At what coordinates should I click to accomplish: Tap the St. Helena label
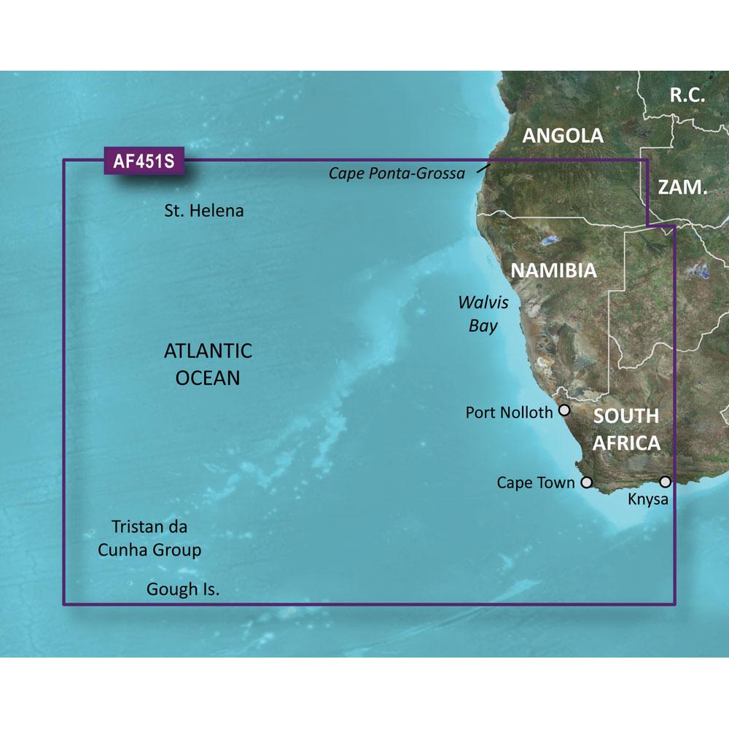pyautogui.click(x=203, y=211)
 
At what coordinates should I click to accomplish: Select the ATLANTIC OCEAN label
pyautogui.click(x=208, y=364)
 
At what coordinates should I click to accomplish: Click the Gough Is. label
pyautogui.click(x=183, y=588)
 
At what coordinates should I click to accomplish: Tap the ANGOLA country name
pyautogui.click(x=563, y=135)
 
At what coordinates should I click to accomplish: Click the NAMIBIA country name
pyautogui.click(x=553, y=270)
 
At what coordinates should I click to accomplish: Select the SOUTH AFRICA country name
pyautogui.click(x=626, y=429)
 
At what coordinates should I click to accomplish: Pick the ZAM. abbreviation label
pyautogui.click(x=682, y=187)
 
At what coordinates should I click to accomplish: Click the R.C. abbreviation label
pyautogui.click(x=688, y=94)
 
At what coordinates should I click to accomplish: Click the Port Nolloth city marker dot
pyautogui.click(x=564, y=411)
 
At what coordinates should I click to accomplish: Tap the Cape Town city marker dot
pyautogui.click(x=586, y=482)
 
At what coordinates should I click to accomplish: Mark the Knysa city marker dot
pyautogui.click(x=665, y=482)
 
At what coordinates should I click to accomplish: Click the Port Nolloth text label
pyautogui.click(x=509, y=413)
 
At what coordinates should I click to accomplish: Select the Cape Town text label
pyautogui.click(x=536, y=483)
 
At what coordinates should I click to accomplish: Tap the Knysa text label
pyautogui.click(x=647, y=500)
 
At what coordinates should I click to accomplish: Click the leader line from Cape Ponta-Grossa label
pyautogui.click(x=485, y=169)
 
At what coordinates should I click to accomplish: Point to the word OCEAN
pyautogui.click(x=208, y=378)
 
